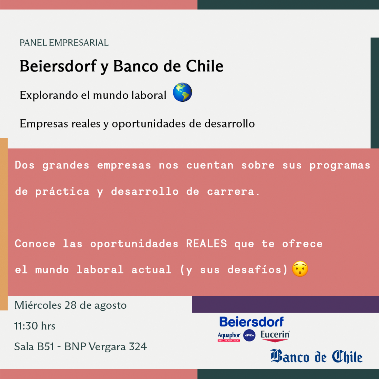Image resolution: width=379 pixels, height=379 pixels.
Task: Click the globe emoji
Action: pyautogui.click(x=182, y=92)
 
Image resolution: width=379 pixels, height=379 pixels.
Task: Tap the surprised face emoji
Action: pyautogui.click(x=300, y=269)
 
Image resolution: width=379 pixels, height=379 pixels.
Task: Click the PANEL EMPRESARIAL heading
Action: pyautogui.click(x=64, y=43)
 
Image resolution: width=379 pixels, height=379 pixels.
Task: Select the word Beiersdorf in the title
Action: pyautogui.click(x=58, y=66)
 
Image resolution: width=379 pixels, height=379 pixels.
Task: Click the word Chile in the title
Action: pyautogui.click(x=204, y=66)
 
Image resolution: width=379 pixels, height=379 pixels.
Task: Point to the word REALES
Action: pyautogui.click(x=206, y=244)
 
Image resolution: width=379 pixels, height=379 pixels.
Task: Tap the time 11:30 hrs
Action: pyautogui.click(x=35, y=326)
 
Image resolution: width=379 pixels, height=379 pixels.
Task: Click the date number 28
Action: pyautogui.click(x=70, y=305)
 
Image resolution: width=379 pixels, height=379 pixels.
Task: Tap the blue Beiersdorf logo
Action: pyautogui.click(x=251, y=322)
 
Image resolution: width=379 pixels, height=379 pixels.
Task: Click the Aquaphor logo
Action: pyautogui.click(x=229, y=336)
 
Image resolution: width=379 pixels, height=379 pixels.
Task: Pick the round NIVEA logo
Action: pyautogui.click(x=249, y=335)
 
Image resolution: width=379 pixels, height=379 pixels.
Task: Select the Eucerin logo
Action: pyautogui.click(x=275, y=336)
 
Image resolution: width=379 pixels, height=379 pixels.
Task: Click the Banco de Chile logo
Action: pyautogui.click(x=317, y=356)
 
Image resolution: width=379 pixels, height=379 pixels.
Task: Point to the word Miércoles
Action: pyautogui.click(x=38, y=305)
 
